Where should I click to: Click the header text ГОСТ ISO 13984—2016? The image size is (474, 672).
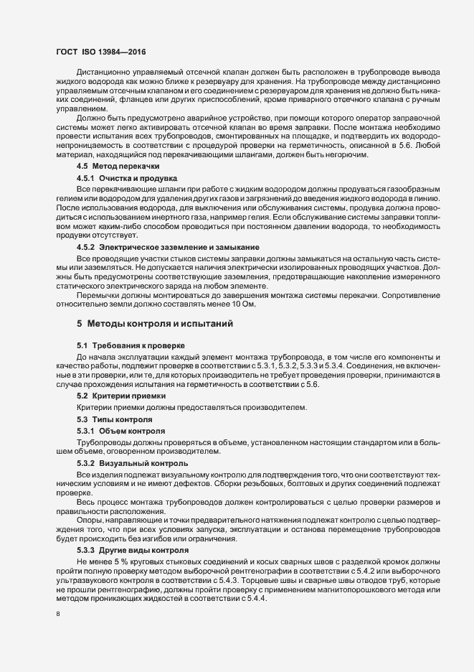point(101,52)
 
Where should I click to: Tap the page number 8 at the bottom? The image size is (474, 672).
point(58,615)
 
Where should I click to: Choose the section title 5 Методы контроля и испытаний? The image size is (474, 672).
point(154,324)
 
